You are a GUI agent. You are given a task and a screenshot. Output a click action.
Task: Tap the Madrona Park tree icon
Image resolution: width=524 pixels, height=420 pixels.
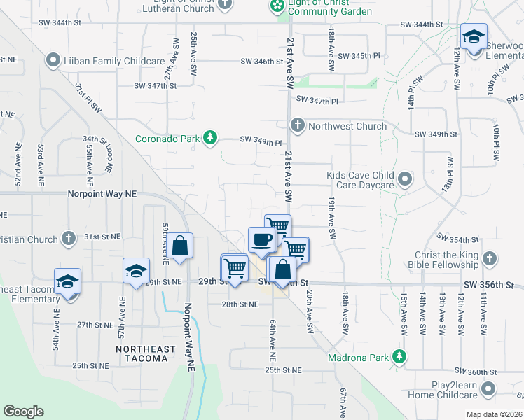[x=399, y=357]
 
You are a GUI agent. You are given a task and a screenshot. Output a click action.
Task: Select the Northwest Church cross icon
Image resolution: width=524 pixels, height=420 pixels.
[x=297, y=126]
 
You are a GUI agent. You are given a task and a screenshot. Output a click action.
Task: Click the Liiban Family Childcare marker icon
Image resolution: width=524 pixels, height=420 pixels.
[x=53, y=61]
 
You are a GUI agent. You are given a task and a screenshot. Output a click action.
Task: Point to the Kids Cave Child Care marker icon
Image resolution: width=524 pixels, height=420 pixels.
[x=405, y=180]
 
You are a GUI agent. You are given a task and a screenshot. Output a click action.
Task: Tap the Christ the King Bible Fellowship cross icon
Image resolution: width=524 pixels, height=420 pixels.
[x=490, y=258]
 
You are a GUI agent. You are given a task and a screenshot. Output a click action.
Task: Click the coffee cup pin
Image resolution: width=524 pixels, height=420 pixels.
[x=262, y=239]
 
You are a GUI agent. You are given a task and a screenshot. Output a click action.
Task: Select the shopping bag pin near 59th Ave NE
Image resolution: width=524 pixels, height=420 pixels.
[x=180, y=246]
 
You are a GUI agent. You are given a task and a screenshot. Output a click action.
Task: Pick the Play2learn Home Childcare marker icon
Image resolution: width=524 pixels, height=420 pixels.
[x=490, y=388]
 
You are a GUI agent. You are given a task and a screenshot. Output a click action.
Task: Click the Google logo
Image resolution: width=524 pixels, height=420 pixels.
[x=23, y=412]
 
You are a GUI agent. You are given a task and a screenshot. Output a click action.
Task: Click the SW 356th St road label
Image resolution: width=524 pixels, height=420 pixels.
[x=488, y=286]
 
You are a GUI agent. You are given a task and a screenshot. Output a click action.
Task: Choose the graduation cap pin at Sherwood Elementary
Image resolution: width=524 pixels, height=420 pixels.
[x=474, y=36]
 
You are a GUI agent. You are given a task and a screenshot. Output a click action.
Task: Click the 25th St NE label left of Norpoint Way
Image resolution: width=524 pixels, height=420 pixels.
[x=90, y=365]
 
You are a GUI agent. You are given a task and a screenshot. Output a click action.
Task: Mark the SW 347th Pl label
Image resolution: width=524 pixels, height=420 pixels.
[x=317, y=101]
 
